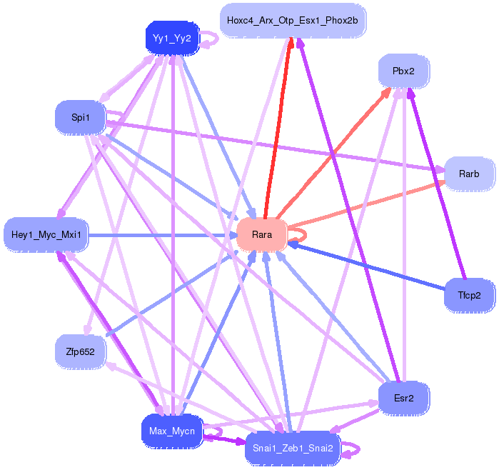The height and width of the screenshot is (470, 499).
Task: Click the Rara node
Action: [x=262, y=235]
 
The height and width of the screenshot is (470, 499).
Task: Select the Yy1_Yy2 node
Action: [x=172, y=39]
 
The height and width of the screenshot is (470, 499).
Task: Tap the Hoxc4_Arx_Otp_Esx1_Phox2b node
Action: [x=293, y=21]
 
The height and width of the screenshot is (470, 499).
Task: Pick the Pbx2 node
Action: [x=403, y=71]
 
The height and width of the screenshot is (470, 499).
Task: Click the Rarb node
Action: [x=469, y=174]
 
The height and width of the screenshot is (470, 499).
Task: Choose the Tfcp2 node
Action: [x=469, y=296]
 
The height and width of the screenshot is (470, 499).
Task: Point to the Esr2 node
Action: [x=403, y=399]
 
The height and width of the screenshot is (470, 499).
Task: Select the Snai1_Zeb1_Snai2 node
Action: [x=293, y=449]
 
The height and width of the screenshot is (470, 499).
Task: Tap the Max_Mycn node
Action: [x=172, y=431]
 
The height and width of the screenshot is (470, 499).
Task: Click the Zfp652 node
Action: [x=80, y=352]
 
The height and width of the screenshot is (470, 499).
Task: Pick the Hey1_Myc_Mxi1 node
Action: [x=46, y=235]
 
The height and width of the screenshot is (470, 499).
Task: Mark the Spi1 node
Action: [x=80, y=117]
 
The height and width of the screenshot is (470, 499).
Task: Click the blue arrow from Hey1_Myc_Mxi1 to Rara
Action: [x=163, y=235]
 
